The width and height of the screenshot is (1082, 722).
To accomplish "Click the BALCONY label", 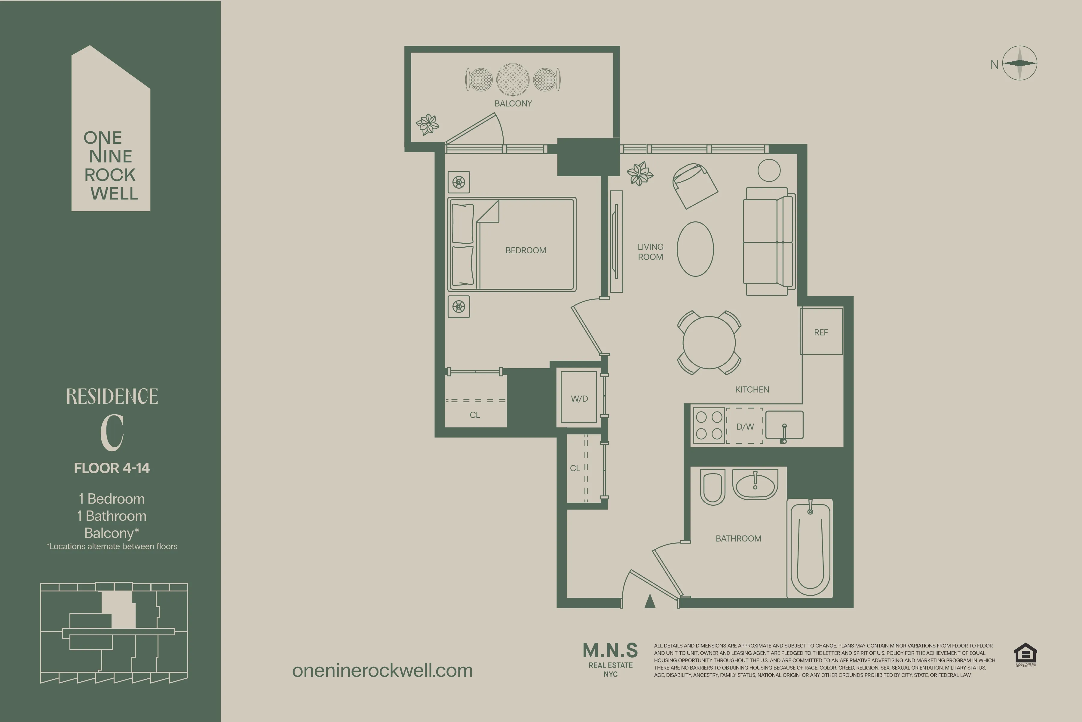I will (513, 103).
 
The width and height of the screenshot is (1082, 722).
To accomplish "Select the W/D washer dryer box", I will (579, 398).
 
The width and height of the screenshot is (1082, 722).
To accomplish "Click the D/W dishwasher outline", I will (745, 426).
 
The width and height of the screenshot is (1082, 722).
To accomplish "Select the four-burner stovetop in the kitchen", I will (709, 425).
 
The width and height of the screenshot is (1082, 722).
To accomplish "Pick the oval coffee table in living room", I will (695, 249).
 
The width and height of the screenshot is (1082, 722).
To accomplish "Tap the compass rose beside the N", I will (1019, 63).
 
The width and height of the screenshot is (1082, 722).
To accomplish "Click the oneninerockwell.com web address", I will (382, 671).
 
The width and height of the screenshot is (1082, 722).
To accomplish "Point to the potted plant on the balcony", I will (428, 124).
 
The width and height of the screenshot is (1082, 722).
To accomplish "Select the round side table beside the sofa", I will (769, 170).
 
